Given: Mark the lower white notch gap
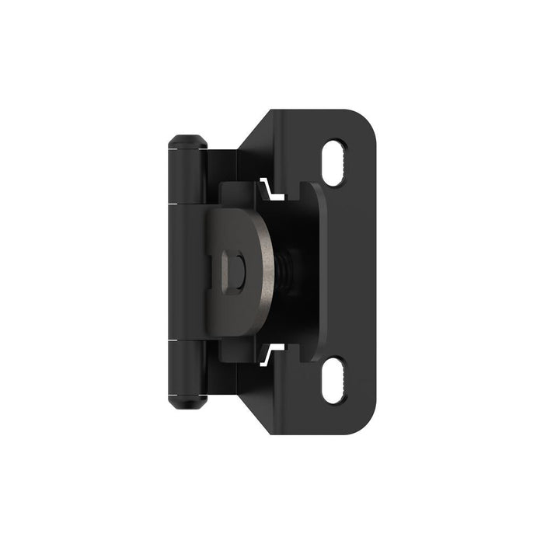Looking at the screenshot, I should [x=270, y=356].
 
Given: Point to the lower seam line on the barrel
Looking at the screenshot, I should [x=186, y=340].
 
